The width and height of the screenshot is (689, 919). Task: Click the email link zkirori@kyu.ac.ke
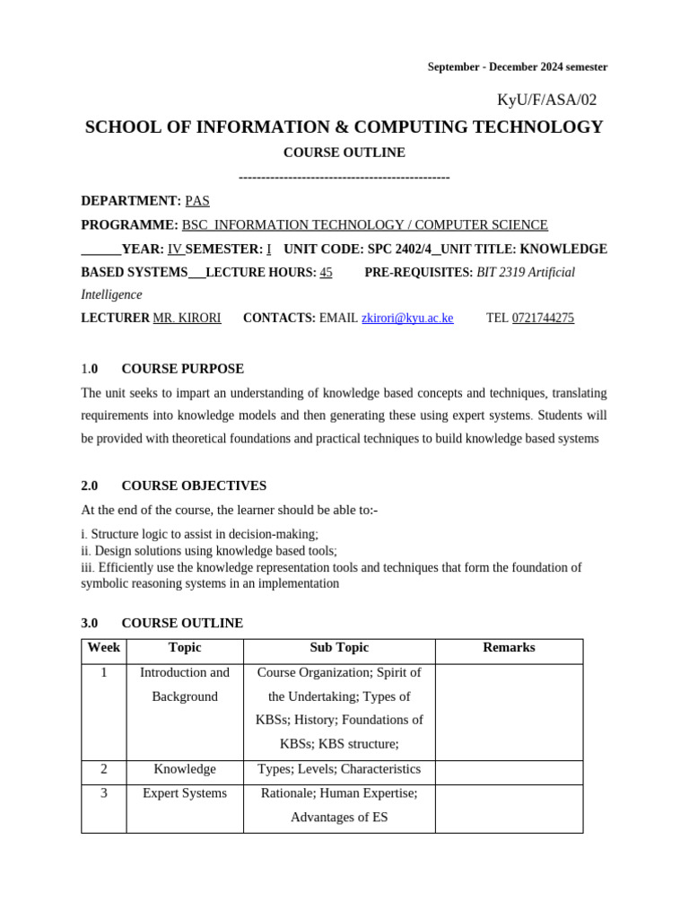(407, 318)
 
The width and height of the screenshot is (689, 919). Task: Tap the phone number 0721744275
(543, 318)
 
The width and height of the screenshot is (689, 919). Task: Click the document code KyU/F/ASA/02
(546, 100)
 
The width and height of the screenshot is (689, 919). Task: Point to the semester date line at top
(517, 67)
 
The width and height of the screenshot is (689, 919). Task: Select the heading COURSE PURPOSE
(182, 369)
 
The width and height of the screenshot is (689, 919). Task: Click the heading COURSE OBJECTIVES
(194, 486)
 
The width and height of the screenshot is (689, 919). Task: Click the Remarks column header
(509, 648)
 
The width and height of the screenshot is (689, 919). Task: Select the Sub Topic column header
(339, 648)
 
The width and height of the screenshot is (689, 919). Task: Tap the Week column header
(103, 648)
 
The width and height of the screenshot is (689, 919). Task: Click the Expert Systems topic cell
(185, 793)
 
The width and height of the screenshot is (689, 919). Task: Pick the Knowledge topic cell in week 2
(185, 769)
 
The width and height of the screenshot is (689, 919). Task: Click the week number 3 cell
(104, 793)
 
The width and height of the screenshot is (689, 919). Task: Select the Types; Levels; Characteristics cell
(339, 769)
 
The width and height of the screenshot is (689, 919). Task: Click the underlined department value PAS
(197, 201)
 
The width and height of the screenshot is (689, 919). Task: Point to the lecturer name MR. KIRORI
(187, 318)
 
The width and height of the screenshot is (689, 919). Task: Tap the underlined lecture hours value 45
(326, 272)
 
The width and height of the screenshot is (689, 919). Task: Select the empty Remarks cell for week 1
(509, 713)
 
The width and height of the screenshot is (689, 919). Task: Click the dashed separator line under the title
(344, 177)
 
